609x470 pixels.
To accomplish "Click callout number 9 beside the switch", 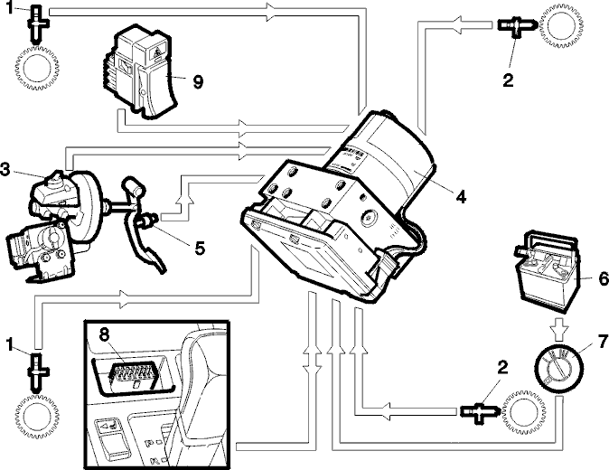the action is pyautogui.click(x=198, y=81).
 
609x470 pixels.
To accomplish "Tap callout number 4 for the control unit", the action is pyautogui.click(x=461, y=196).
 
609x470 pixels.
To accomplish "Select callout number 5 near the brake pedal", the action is pyautogui.click(x=200, y=249).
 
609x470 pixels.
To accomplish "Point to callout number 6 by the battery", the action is pyautogui.click(x=604, y=278).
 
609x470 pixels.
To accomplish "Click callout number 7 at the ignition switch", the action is pyautogui.click(x=603, y=342).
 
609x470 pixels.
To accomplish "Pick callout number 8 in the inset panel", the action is pyautogui.click(x=103, y=334).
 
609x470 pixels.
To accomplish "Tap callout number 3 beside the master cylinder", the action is pyautogui.click(x=5, y=169).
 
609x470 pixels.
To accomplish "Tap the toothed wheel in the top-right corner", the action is pyautogui.click(x=562, y=26).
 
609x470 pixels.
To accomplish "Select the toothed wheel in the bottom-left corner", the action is pyautogui.click(x=37, y=417).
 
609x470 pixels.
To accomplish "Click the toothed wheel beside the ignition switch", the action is pyautogui.click(x=523, y=413).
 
